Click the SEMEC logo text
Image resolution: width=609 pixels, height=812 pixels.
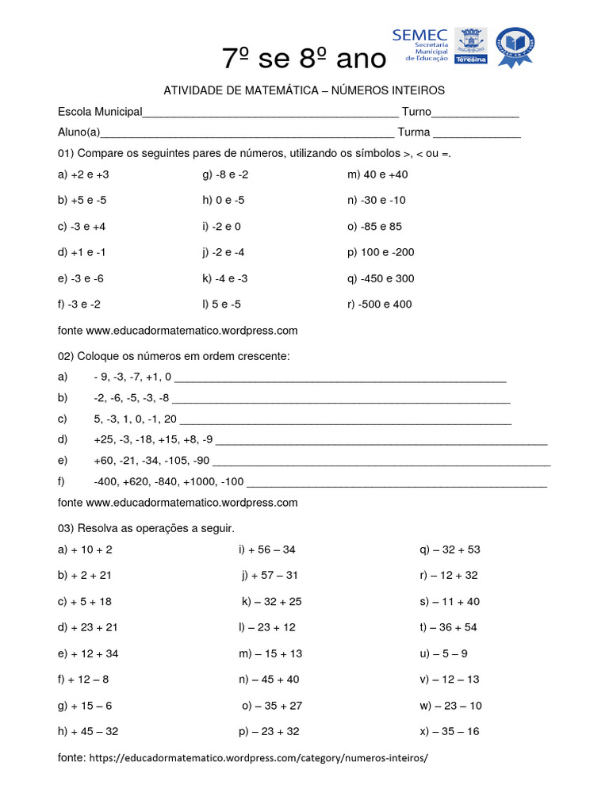tap(419, 36)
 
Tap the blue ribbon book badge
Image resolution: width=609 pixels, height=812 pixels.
tap(515, 47)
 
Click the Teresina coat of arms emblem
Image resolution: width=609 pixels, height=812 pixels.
tap(470, 45)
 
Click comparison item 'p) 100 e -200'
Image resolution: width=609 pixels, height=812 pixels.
tap(381, 252)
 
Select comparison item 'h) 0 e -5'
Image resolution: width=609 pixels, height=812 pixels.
tap(224, 201)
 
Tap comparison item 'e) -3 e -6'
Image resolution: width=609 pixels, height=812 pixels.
tap(81, 278)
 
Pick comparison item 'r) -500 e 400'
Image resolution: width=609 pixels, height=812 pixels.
tap(379, 304)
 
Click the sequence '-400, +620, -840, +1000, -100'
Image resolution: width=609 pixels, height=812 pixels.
tap(168, 481)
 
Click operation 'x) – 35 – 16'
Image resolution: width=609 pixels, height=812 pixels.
tap(450, 731)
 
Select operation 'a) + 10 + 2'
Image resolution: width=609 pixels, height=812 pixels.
tap(86, 550)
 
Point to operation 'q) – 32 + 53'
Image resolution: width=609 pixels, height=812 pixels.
tap(450, 550)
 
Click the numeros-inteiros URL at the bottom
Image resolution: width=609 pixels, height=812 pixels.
tap(259, 758)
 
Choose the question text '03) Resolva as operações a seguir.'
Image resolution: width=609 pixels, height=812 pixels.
tap(147, 528)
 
